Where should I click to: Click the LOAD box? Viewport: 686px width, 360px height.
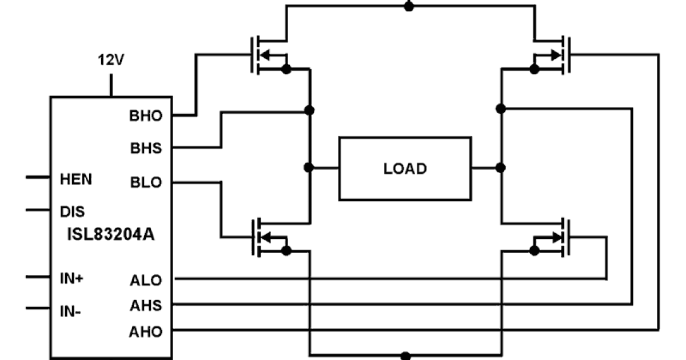405,169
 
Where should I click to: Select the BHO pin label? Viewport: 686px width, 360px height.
146,116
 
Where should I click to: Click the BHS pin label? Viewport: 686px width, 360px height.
146,148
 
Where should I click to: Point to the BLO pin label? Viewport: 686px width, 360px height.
146,183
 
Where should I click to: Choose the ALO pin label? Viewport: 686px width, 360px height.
146,280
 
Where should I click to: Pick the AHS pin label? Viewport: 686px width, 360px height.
146,306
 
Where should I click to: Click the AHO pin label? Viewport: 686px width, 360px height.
146,331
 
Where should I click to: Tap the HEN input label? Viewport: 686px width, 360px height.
76,179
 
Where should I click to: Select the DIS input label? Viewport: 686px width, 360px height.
73,211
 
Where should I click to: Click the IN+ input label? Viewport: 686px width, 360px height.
72,279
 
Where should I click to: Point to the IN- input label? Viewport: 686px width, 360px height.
71,312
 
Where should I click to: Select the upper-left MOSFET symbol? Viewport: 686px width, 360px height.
269,55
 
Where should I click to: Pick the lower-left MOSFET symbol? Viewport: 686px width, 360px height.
269,236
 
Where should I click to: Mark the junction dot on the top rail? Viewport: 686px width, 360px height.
408,6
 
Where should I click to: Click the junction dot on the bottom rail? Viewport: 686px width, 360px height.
406,355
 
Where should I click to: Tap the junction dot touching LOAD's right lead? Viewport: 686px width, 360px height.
500,167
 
